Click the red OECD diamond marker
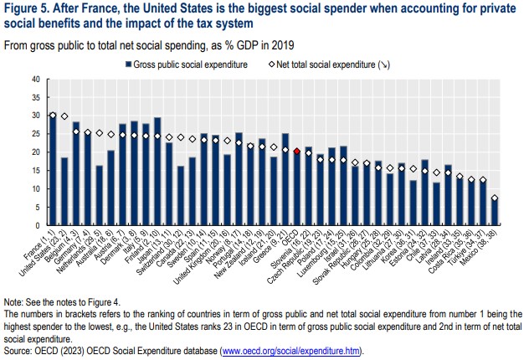pos(297,152)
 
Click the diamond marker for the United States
pos(64,116)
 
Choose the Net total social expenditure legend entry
pos(324,64)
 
